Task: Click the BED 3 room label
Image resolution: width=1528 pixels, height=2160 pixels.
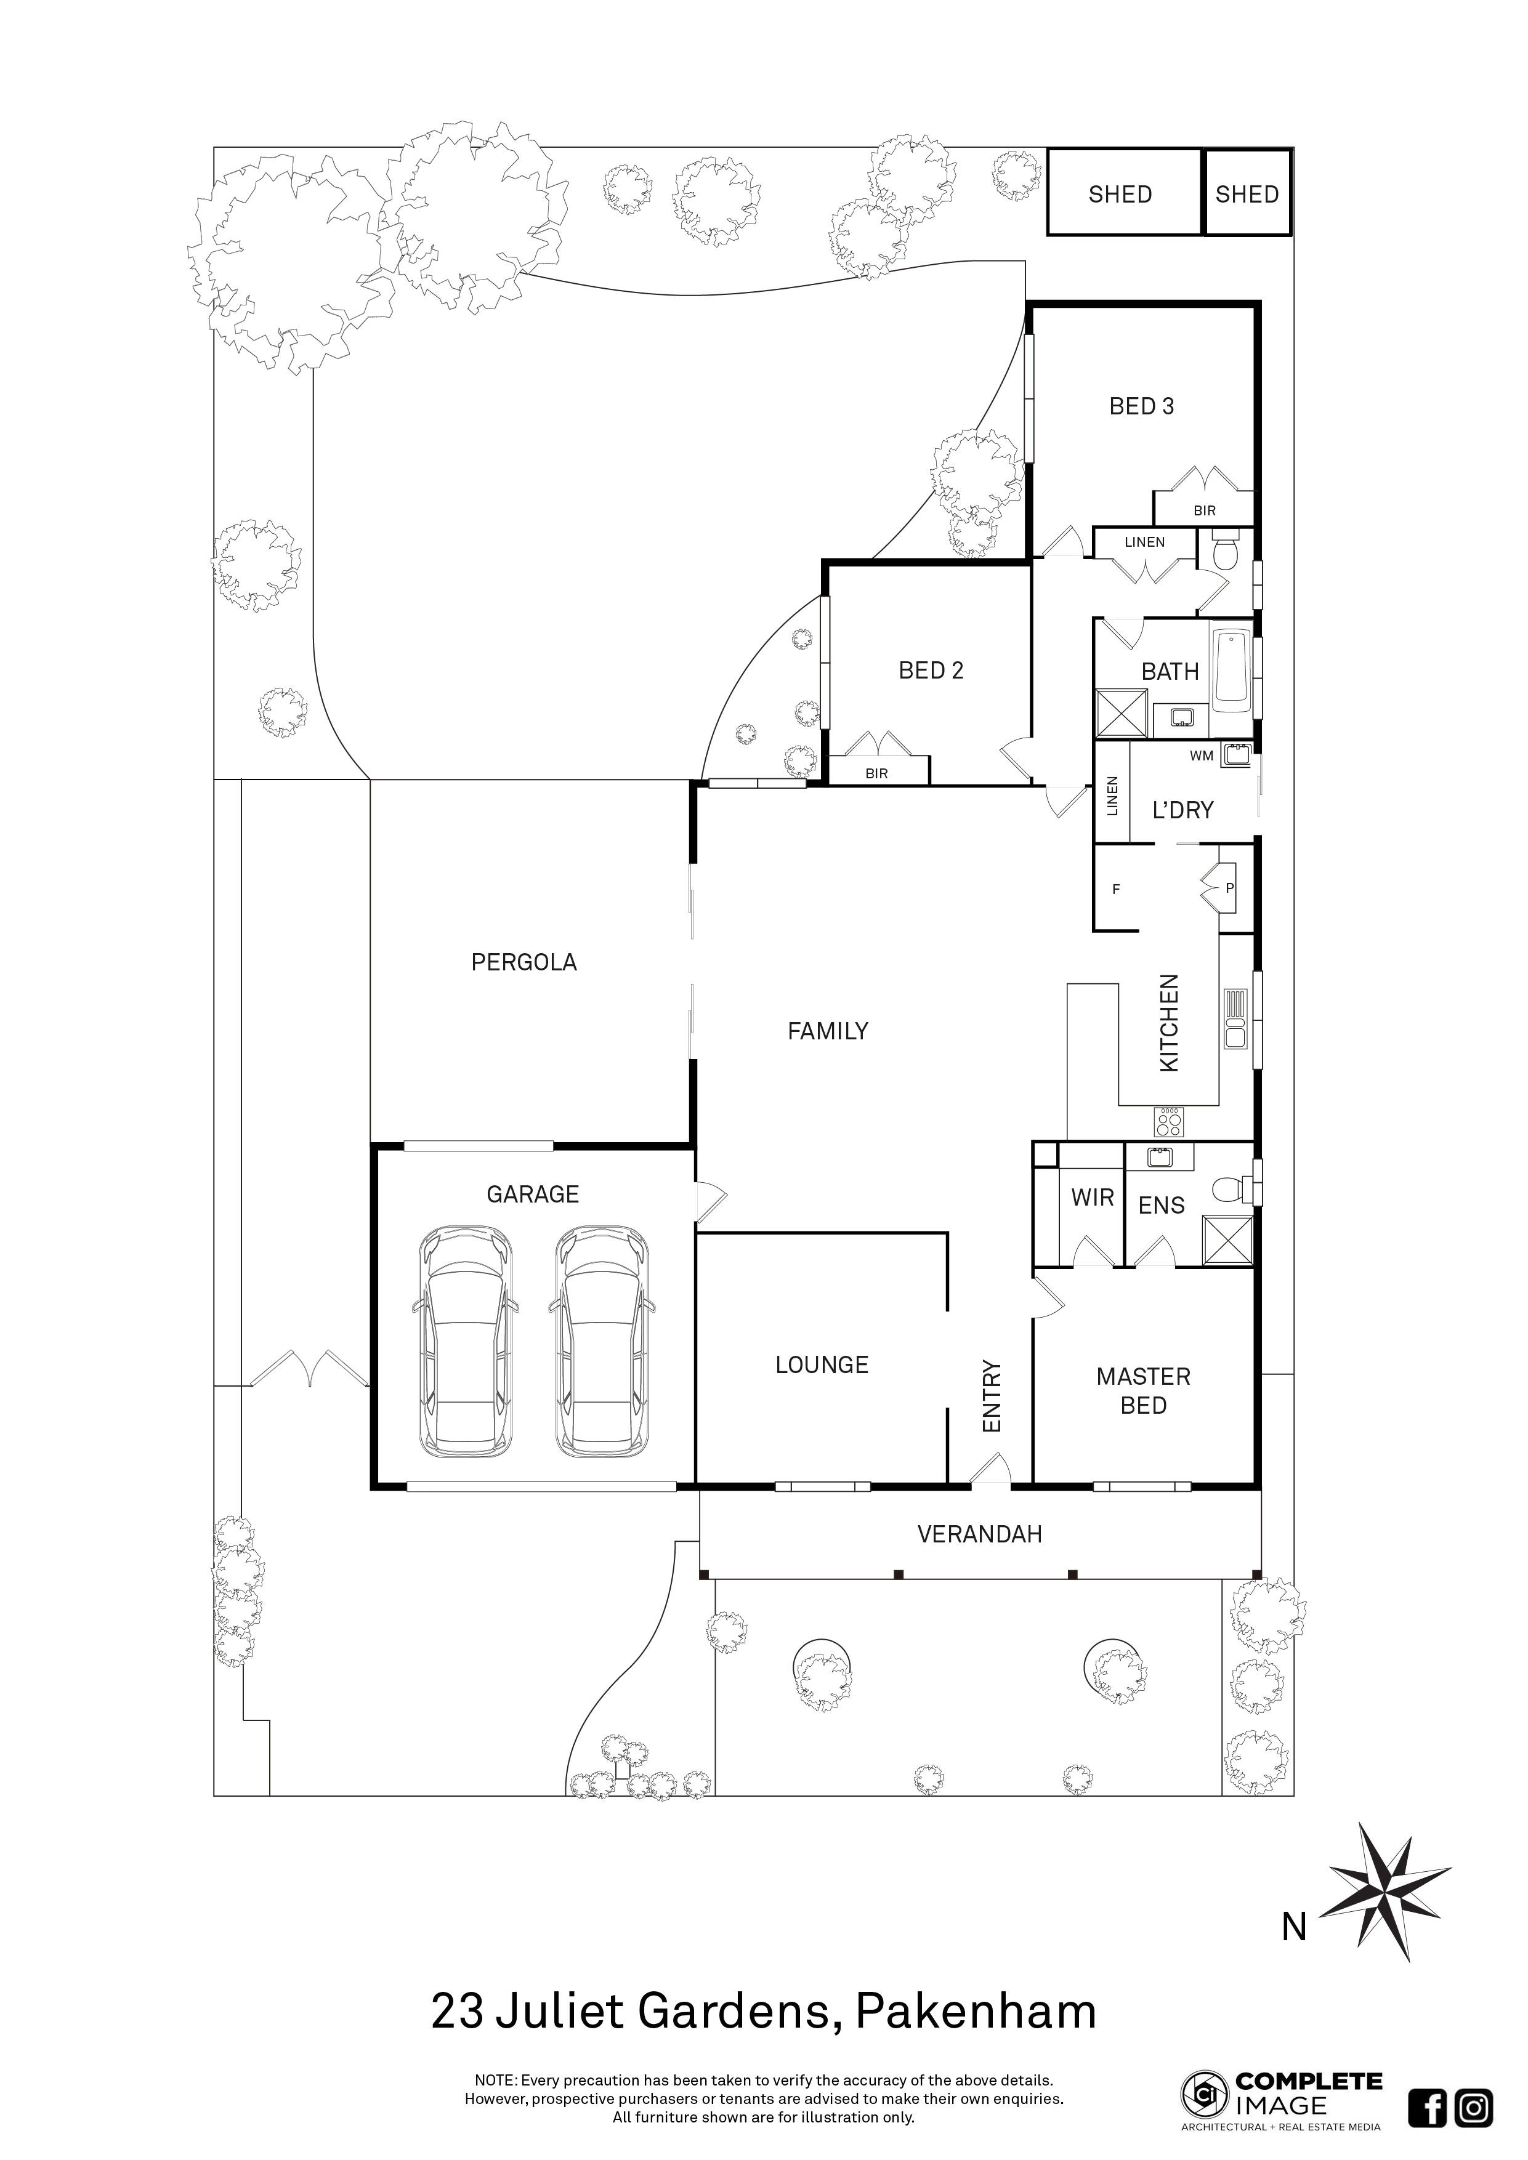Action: [x=1141, y=406]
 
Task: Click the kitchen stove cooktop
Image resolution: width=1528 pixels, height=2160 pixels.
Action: [x=1170, y=1121]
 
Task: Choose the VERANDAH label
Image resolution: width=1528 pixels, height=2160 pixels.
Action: [x=979, y=1534]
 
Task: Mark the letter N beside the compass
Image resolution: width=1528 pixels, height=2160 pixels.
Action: [x=1295, y=1928]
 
